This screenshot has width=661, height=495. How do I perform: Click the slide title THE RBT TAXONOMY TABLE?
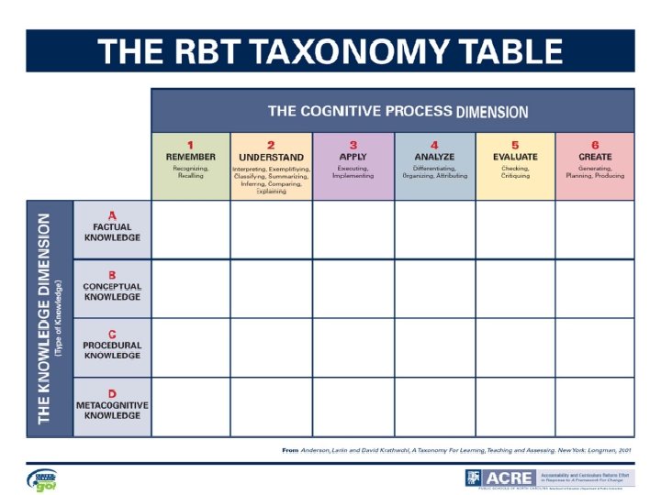tap(330, 50)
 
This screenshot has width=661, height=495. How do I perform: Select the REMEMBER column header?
tap(191, 166)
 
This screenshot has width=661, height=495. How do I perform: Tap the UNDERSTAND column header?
tap(271, 166)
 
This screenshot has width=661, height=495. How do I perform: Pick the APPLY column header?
tap(353, 166)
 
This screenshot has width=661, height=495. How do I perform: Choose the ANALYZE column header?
tap(434, 166)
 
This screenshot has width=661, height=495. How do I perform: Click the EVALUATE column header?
tap(515, 166)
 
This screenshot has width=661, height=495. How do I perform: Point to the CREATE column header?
tap(595, 166)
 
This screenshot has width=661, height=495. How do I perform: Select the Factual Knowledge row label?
tap(112, 230)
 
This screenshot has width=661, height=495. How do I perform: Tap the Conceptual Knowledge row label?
tap(112, 289)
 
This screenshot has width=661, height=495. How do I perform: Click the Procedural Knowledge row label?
tap(112, 347)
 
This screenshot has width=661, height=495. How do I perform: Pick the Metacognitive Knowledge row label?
tap(112, 407)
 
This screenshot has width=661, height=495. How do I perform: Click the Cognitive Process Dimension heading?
tap(398, 111)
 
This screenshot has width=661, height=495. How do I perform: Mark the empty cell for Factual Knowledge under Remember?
tap(191, 230)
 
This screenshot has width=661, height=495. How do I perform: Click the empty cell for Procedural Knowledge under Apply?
tap(353, 347)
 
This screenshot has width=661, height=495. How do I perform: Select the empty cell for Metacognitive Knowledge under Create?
tap(595, 407)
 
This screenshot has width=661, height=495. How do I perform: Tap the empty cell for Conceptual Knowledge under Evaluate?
tap(515, 289)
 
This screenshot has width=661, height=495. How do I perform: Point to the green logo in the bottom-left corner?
tap(41, 479)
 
